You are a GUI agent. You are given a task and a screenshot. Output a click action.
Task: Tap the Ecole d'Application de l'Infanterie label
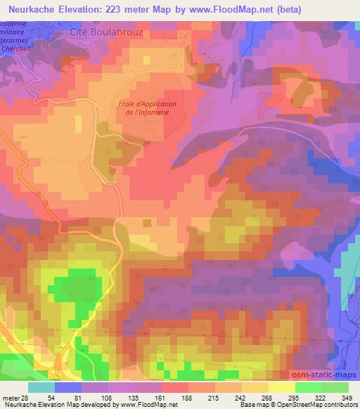click(147, 109)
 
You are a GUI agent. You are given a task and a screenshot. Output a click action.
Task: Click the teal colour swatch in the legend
click(41, 387)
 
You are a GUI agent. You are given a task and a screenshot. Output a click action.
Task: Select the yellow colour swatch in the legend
click(281, 387)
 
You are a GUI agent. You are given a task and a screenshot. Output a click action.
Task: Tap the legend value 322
click(311, 397)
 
